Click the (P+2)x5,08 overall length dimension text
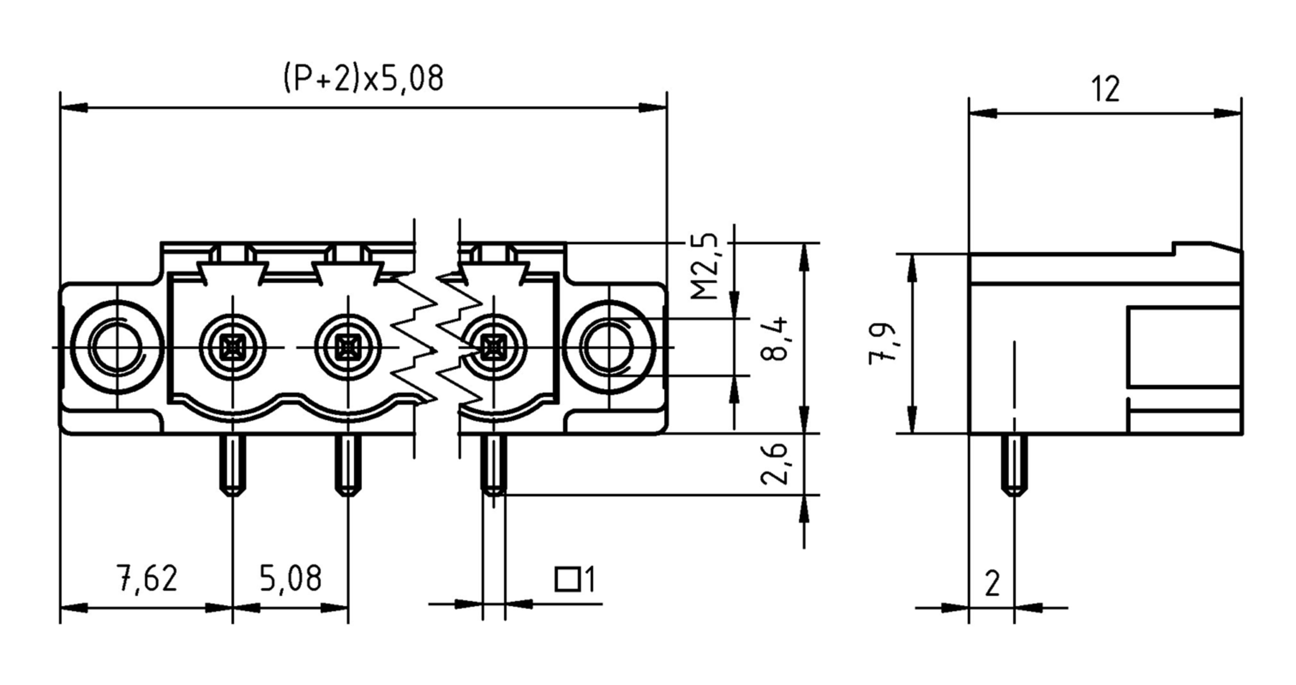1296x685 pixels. click(363, 78)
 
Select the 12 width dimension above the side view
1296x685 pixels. click(1105, 90)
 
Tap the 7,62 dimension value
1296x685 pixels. click(147, 579)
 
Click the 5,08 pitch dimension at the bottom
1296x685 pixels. click(291, 579)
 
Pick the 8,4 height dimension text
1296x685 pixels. click(774, 339)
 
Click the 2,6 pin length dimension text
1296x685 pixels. click(774, 464)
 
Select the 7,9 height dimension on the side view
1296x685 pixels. click(882, 344)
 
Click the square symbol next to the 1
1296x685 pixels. click(567, 579)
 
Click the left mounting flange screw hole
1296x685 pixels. click(117, 347)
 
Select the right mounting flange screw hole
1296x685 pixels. click(609, 347)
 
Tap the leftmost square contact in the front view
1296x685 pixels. click(233, 347)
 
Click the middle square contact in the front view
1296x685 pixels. click(348, 347)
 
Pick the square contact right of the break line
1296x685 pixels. click(494, 347)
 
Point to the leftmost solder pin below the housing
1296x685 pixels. click(233, 465)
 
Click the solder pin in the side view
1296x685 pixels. click(1014, 465)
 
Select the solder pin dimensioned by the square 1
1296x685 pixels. click(494, 465)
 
